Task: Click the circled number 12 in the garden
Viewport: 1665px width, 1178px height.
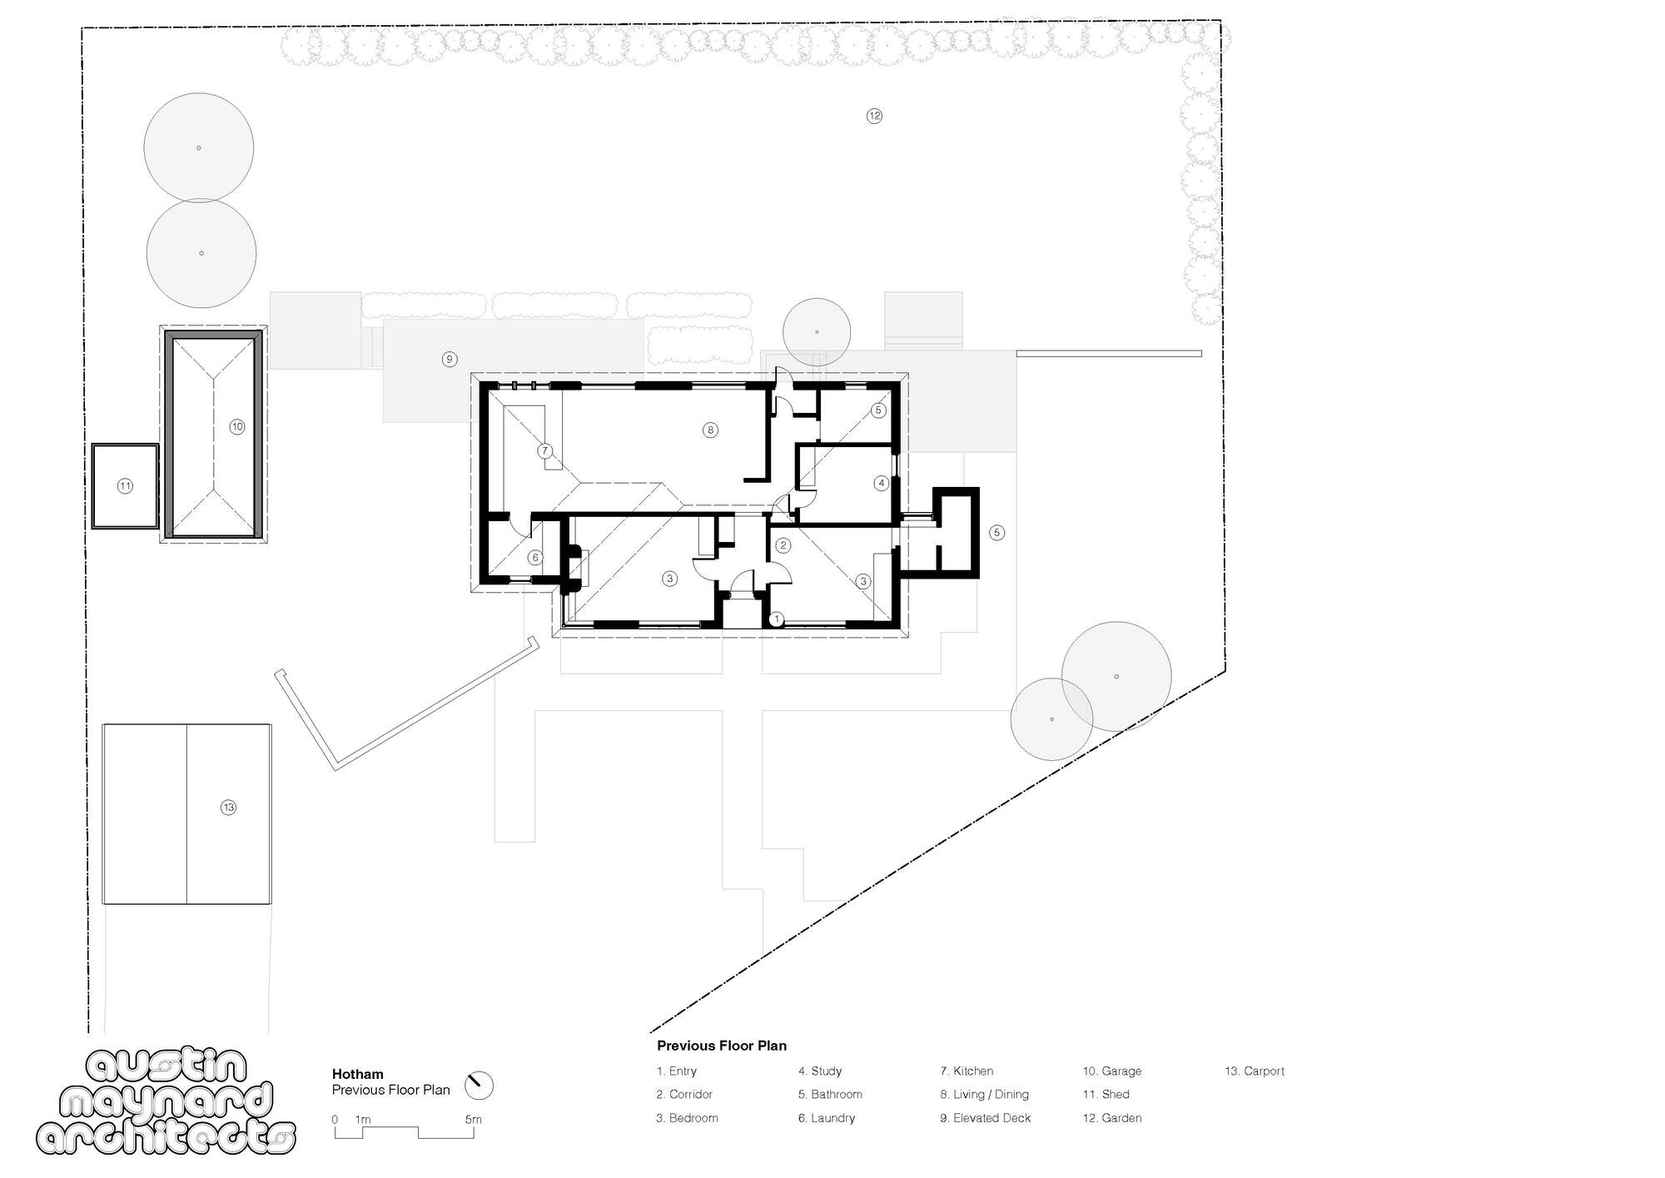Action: [874, 116]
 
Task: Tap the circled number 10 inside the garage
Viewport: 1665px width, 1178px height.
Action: [237, 427]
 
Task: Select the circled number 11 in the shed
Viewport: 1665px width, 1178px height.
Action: [125, 486]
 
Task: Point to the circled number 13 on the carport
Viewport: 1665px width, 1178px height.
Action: [228, 808]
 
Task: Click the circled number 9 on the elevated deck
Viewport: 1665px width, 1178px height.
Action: [450, 360]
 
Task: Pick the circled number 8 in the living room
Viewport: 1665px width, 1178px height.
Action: [710, 430]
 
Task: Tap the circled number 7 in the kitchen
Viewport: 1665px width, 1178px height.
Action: [544, 451]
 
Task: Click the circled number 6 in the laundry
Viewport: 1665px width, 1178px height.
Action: [535, 558]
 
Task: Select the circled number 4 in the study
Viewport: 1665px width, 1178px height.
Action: [882, 483]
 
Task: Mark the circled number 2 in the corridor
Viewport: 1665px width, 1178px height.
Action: [783, 546]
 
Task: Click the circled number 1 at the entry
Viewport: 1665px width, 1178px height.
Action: [777, 619]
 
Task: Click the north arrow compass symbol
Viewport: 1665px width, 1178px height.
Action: [479, 1086]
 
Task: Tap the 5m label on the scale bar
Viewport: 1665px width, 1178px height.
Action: [473, 1120]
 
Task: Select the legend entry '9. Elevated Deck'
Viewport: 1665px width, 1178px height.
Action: [985, 1118]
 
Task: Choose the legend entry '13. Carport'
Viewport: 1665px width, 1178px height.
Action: [1254, 1071]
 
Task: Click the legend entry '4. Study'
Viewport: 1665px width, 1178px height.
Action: [820, 1071]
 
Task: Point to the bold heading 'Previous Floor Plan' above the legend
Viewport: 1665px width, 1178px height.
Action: [721, 1046]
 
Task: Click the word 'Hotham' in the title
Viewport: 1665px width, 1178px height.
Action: [357, 1074]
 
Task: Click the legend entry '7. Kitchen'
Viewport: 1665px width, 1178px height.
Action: [967, 1071]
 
